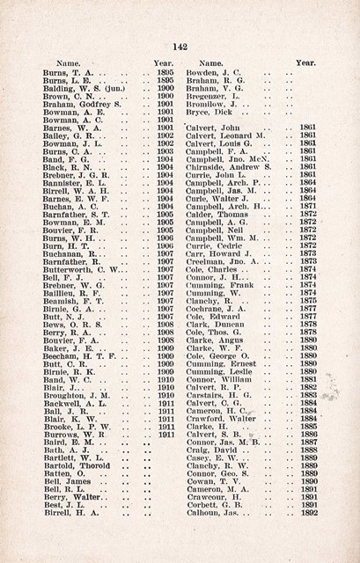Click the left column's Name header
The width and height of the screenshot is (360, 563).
click(69, 63)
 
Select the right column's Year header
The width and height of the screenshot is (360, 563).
click(306, 63)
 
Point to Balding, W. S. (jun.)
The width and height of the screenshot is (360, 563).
click(77, 88)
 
